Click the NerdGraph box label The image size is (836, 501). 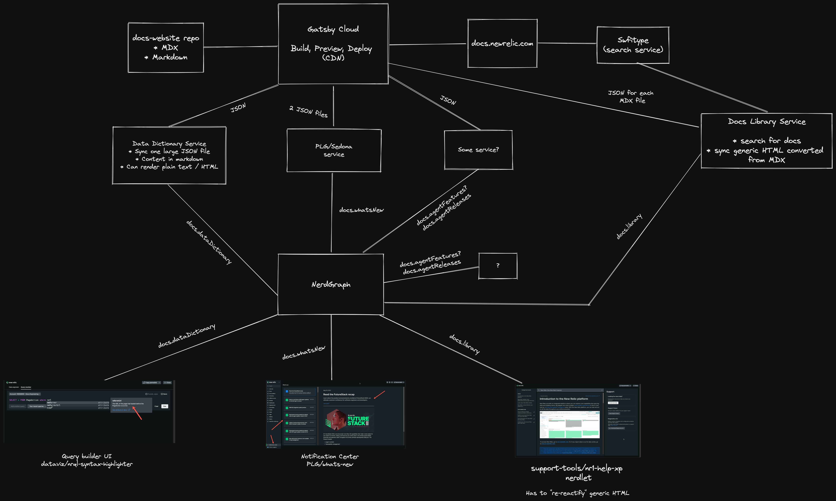[331, 285]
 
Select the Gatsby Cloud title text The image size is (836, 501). [333, 29]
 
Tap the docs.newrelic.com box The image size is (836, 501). [502, 43]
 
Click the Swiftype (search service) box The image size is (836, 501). [633, 45]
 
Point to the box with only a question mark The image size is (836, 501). [498, 266]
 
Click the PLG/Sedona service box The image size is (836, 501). [334, 150]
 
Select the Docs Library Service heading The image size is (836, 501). [767, 122]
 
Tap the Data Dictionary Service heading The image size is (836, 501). [169, 144]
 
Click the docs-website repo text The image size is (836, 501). [166, 38]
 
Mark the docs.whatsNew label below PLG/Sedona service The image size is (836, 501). [361, 210]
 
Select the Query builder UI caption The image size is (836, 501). [86, 456]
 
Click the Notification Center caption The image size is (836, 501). [330, 456]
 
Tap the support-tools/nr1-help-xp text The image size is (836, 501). [576, 468]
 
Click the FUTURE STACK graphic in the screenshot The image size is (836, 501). [357, 421]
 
